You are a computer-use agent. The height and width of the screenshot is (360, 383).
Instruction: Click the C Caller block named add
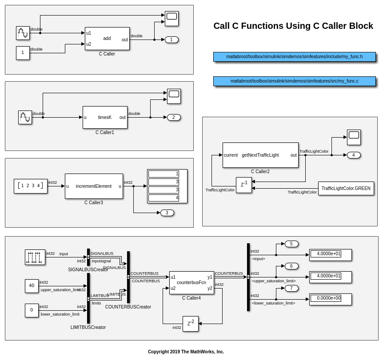coord(107,39)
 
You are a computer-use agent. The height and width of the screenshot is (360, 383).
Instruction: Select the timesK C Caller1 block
coord(105,117)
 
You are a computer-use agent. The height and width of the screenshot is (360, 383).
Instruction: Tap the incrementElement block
coord(94,186)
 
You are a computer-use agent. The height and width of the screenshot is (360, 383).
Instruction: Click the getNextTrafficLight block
coord(260,155)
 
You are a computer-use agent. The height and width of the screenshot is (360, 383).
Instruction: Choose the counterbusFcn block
coord(191,282)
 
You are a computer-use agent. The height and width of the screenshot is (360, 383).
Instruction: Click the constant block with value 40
coord(32,285)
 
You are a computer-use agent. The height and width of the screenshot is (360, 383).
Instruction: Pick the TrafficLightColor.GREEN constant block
coord(346,188)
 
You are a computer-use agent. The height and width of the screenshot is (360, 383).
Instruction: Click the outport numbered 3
coord(167,213)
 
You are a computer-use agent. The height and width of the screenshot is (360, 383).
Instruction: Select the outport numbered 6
coord(291,266)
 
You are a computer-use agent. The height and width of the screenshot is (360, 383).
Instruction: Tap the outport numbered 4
coord(354,155)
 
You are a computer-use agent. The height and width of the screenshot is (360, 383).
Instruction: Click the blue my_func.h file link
coord(294,56)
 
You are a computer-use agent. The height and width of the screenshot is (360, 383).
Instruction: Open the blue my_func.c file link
coord(294,81)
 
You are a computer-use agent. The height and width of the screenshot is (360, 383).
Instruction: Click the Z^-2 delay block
coord(191,324)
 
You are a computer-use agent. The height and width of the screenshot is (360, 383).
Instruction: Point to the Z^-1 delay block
coord(244,185)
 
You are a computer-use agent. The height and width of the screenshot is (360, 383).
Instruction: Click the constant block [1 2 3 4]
coord(31,186)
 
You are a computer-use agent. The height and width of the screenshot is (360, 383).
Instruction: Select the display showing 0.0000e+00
coord(330,299)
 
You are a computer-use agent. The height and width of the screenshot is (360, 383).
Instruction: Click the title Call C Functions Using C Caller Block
coord(293,26)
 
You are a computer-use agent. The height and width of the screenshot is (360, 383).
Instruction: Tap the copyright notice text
coord(186,352)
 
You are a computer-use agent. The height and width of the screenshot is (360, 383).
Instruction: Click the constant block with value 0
coord(32,310)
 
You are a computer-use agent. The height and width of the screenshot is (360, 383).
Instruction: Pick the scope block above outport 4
coord(354,137)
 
